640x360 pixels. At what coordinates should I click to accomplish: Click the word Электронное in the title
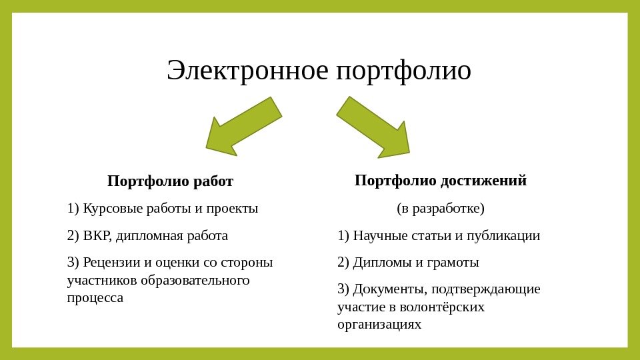(x=247, y=71)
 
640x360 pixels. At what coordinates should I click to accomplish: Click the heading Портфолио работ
(x=170, y=181)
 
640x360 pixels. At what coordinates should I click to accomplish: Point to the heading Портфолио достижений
(x=441, y=181)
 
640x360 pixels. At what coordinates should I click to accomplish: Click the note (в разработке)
(x=441, y=209)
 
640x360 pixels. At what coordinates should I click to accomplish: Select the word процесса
(x=95, y=298)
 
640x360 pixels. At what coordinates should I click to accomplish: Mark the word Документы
(x=390, y=289)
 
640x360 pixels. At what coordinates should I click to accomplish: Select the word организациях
(x=379, y=325)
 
